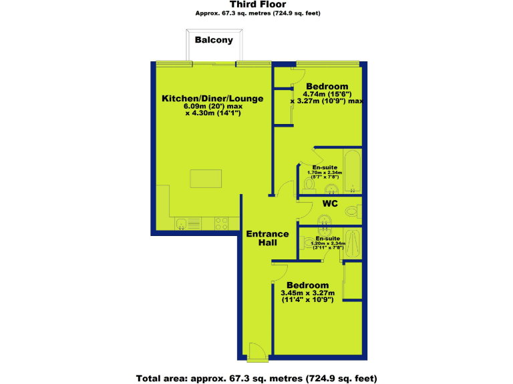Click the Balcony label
point(214,40)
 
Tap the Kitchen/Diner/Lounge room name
point(212,99)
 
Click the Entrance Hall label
point(267,239)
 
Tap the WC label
point(330,203)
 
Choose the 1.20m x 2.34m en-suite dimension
point(328,244)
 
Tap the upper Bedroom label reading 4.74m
point(327,87)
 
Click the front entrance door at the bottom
point(256,351)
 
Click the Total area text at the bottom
point(256,378)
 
